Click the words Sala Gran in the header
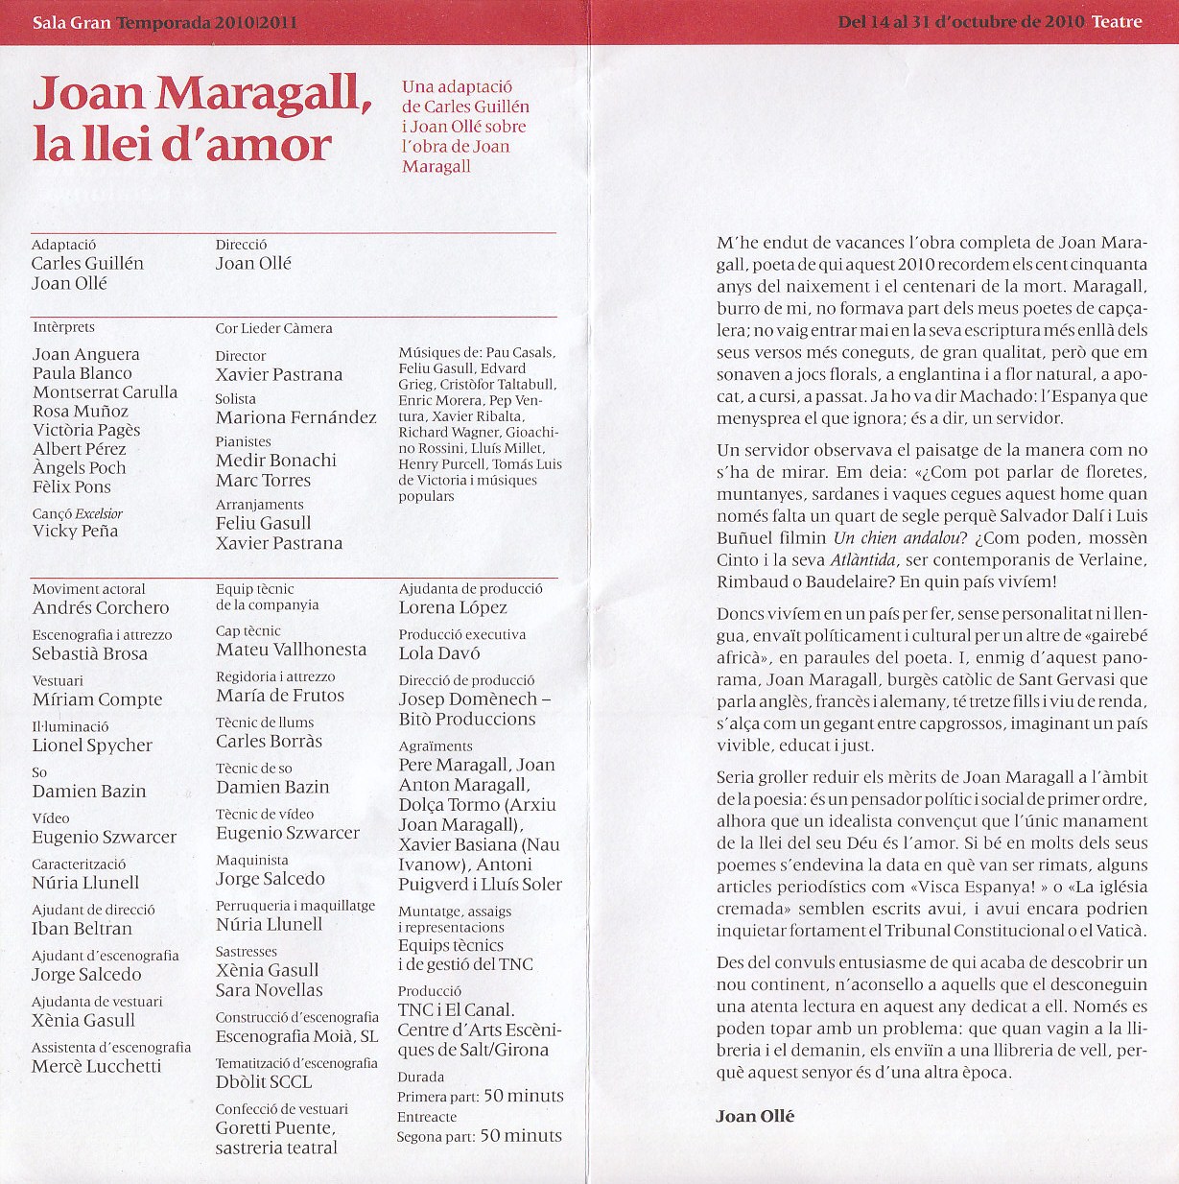click(71, 22)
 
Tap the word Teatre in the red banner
click(1117, 21)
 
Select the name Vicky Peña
click(75, 531)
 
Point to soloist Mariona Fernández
click(295, 417)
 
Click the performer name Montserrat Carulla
click(105, 391)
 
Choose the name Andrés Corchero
click(101, 607)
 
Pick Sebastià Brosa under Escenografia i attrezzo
click(90, 653)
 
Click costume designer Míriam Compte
click(97, 699)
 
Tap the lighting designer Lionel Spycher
click(92, 745)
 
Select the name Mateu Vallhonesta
click(291, 650)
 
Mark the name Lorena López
click(453, 607)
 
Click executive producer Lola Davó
click(439, 653)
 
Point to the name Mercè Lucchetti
click(96, 1066)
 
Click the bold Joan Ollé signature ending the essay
click(755, 1116)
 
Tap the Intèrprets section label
click(63, 327)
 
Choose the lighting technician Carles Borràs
click(269, 741)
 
